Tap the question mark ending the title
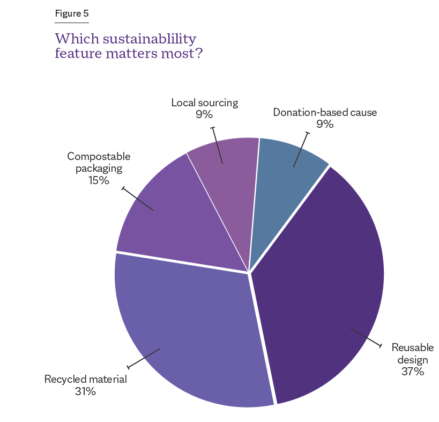[x=199, y=54]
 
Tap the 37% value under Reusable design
[x=412, y=371]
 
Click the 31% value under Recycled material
[x=85, y=391]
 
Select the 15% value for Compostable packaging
[x=99, y=180]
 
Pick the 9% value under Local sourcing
[x=204, y=114]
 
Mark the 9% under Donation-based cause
[x=325, y=125]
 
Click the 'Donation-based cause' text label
[x=325, y=113]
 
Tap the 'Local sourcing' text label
[x=204, y=102]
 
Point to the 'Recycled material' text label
[x=85, y=380]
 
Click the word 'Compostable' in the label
[x=99, y=156]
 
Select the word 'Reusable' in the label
[x=412, y=347]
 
